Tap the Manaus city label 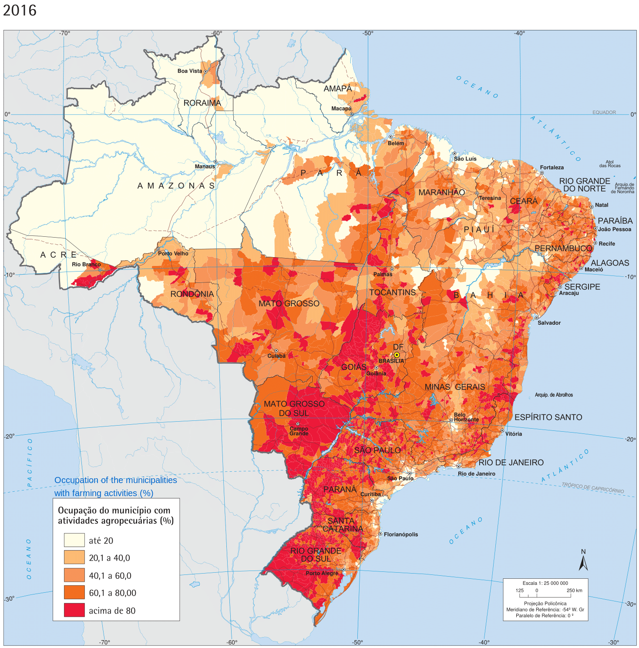[205, 166]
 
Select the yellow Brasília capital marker [397, 355]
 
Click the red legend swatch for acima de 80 [74, 610]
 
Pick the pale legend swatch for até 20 [74, 540]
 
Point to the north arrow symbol [583, 561]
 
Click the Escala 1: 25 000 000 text [545, 583]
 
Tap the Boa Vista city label [190, 71]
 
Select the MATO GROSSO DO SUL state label [294, 408]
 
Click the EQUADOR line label [604, 112]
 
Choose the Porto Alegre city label [322, 573]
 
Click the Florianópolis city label [400, 534]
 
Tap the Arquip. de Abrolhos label [554, 395]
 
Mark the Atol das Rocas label [609, 164]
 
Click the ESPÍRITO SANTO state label [548, 417]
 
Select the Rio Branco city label [86, 264]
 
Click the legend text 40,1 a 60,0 [110, 575]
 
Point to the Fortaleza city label [552, 168]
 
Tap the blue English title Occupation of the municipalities [115, 480]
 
